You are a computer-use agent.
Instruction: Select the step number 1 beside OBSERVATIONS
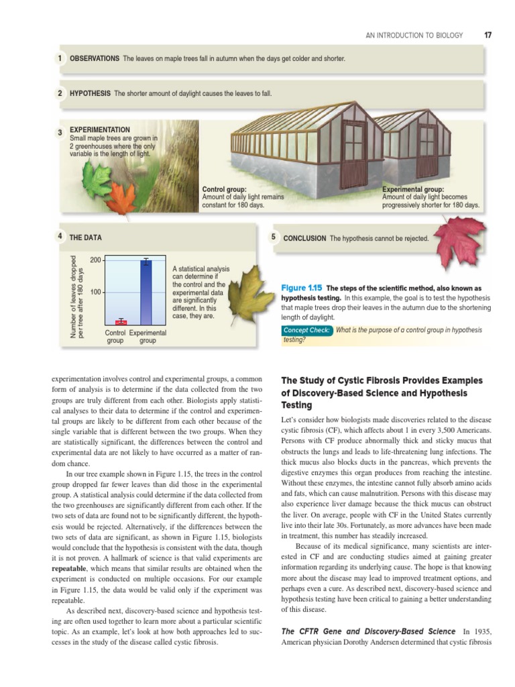[x=60, y=58]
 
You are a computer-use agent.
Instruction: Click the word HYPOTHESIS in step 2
[x=90, y=93]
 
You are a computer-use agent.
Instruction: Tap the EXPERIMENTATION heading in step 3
[x=100, y=129]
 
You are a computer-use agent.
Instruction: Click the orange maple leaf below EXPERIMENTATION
[x=121, y=199]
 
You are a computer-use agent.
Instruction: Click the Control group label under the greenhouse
[x=224, y=190]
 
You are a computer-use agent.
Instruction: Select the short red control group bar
[x=121, y=322]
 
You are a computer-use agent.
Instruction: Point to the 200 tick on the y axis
[x=95, y=260]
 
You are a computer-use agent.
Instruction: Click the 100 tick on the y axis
[x=95, y=293]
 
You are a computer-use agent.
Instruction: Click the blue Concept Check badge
[x=307, y=330]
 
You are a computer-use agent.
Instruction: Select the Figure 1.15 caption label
[x=306, y=288]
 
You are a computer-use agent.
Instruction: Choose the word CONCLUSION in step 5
[x=305, y=238]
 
